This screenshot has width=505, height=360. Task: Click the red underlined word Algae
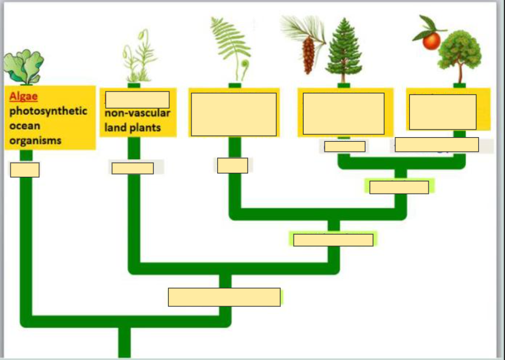[25, 96]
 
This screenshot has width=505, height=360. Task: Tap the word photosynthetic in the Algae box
[48, 111]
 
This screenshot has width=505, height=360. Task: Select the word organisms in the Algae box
[35, 141]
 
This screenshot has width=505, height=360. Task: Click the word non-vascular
[138, 113]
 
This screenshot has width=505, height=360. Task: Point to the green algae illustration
[23, 67]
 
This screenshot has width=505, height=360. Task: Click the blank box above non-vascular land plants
[137, 100]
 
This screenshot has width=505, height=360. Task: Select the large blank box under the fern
[234, 114]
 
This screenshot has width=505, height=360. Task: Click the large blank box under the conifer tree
[343, 113]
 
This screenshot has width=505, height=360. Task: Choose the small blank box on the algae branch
[25, 170]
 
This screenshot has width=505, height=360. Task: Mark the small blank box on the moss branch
[133, 168]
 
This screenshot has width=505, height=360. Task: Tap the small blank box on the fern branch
[232, 165]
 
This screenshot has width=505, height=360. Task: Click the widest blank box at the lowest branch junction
[224, 297]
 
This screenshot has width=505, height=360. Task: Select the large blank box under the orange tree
[443, 111]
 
